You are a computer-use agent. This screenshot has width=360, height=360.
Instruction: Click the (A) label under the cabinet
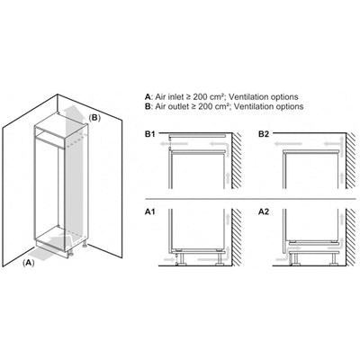click(29, 263)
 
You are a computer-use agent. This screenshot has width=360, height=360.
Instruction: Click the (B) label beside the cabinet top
click(94, 118)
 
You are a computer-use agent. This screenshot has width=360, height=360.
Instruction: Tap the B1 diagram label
click(150, 134)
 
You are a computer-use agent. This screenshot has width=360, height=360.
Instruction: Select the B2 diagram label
click(264, 134)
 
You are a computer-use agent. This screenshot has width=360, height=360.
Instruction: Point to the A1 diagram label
click(150, 211)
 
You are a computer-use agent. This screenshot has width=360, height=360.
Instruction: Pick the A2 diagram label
click(264, 211)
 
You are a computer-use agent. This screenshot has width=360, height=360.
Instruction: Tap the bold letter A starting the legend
click(148, 97)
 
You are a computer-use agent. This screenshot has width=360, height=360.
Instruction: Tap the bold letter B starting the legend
click(148, 106)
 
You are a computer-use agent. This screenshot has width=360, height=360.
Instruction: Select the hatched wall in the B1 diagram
click(237, 160)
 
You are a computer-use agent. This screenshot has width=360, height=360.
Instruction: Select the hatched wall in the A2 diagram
click(350, 237)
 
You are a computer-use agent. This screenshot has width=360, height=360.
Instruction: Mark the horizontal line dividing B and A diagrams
click(250, 199)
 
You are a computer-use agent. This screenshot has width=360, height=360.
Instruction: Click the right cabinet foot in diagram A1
click(220, 258)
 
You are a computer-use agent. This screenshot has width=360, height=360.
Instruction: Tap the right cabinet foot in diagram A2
click(334, 258)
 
